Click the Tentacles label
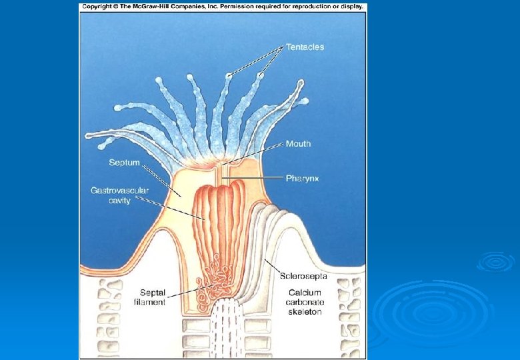pos(305,47)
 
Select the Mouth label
pos(298,144)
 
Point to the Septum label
pos(124,162)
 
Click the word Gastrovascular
pos(120,191)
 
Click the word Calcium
pos(305,292)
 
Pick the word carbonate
pos(305,302)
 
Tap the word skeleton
pos(305,311)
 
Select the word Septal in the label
pos(153,292)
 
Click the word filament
pos(150,302)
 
